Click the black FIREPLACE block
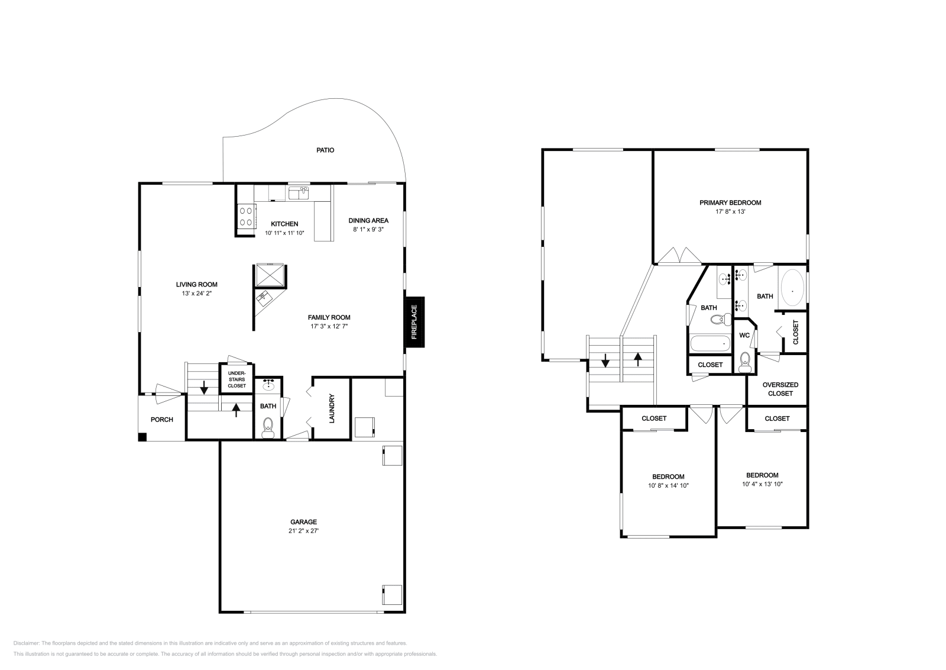414,321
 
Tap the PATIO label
325,150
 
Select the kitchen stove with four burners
246,216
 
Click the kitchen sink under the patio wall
299,193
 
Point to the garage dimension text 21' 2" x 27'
303,531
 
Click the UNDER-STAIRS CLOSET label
237,379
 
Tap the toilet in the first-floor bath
268,426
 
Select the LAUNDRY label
332,408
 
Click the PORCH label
162,420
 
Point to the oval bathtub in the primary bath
792,288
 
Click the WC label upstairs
744,336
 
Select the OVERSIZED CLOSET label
780,389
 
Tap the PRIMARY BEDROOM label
730,203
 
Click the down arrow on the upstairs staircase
605,360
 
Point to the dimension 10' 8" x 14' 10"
668,485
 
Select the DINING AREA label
368,221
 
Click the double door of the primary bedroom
679,256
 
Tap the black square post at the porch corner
142,437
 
